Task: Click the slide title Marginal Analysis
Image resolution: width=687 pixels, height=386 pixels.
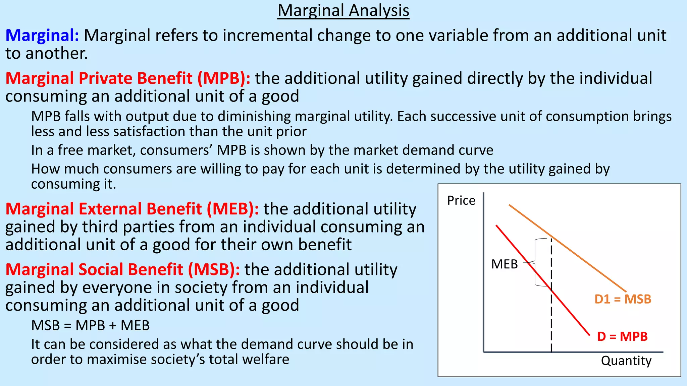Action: point(343,11)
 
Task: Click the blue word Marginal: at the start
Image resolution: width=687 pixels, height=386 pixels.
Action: point(42,36)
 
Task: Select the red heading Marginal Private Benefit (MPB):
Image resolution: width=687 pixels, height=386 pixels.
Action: point(128,78)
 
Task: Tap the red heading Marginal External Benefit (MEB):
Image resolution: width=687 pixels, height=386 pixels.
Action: point(132,209)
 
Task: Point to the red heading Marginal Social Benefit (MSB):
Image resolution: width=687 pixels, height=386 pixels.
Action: point(122,270)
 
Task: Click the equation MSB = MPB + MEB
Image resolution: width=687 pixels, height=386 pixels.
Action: point(90,326)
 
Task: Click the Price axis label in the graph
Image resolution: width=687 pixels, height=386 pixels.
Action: point(461,201)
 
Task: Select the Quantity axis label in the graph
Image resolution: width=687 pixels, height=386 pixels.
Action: point(626,361)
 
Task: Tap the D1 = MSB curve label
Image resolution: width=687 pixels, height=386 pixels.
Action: point(623,299)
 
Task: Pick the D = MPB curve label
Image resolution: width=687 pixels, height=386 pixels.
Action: point(622,336)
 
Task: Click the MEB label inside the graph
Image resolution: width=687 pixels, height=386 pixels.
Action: point(504,264)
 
